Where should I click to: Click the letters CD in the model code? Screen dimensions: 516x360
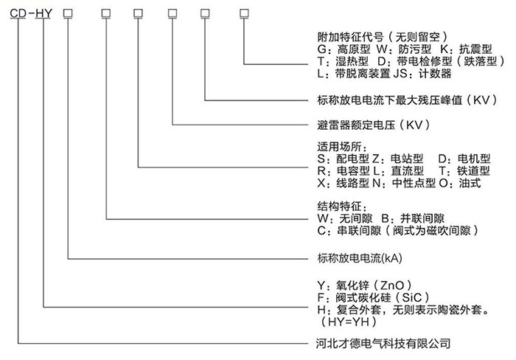(x=18, y=13)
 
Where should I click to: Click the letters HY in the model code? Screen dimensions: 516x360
(x=43, y=13)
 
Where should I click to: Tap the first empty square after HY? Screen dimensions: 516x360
(x=68, y=13)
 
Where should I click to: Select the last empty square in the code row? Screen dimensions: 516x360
(x=244, y=13)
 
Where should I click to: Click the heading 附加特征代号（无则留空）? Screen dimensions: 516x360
(x=383, y=37)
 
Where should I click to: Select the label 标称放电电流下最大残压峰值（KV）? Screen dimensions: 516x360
(x=408, y=100)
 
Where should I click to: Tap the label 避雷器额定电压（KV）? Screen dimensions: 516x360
(x=374, y=125)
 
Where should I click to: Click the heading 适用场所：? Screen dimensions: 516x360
(x=342, y=147)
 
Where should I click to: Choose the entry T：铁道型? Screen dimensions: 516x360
(x=464, y=170)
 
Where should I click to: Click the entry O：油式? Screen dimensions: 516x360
(x=460, y=183)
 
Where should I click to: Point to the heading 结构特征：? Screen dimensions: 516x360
(x=342, y=207)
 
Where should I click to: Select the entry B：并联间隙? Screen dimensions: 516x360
(x=413, y=218)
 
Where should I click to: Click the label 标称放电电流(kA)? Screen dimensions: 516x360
(x=360, y=258)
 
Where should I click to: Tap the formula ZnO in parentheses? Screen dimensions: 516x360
(x=392, y=285)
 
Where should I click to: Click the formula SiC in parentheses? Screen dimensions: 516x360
(x=411, y=297)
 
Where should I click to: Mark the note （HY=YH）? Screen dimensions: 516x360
(x=349, y=322)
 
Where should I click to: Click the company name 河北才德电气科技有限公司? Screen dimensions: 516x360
(x=383, y=344)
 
